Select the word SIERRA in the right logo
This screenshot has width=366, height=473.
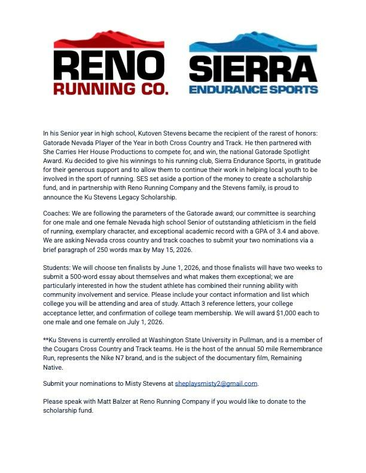tap(254, 69)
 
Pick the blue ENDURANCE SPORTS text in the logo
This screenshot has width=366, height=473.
tap(254, 90)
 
